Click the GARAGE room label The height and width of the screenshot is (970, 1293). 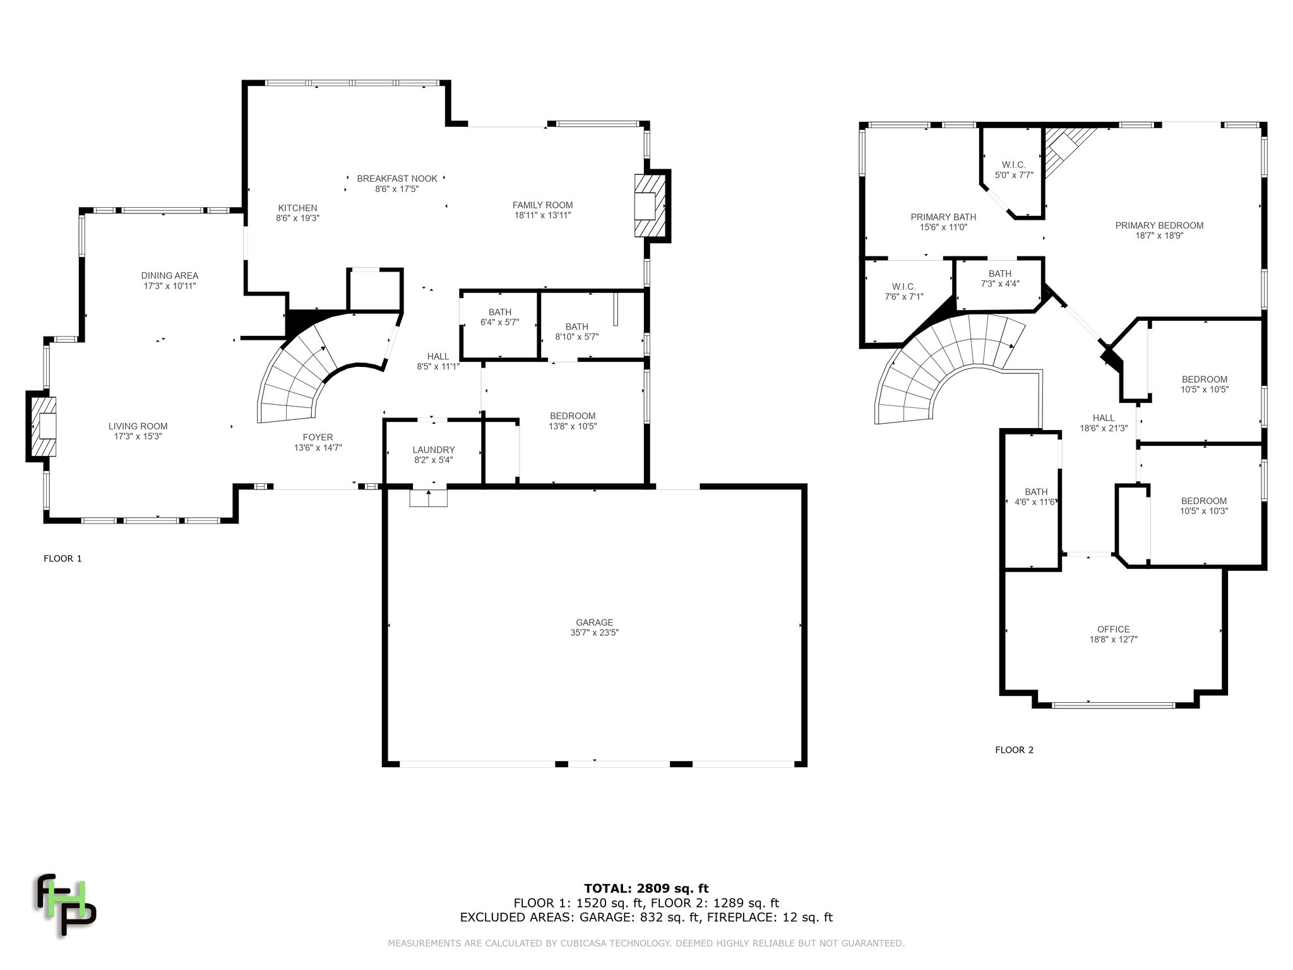594,622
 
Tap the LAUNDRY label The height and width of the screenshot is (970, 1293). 434,450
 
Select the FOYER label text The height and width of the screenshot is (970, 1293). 318,437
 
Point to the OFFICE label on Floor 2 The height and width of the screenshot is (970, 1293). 1113,629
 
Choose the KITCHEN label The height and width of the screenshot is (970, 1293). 297,208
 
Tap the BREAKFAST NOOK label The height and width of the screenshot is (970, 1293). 397,179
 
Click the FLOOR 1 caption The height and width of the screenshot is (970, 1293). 63,558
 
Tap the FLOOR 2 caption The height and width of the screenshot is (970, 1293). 1014,750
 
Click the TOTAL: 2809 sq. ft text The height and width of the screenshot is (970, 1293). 646,889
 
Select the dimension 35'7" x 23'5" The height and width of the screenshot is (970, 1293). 594,632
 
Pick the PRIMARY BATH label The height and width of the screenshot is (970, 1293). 943,217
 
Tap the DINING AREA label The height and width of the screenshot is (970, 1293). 170,275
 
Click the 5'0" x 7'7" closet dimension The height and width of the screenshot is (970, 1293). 1014,175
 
